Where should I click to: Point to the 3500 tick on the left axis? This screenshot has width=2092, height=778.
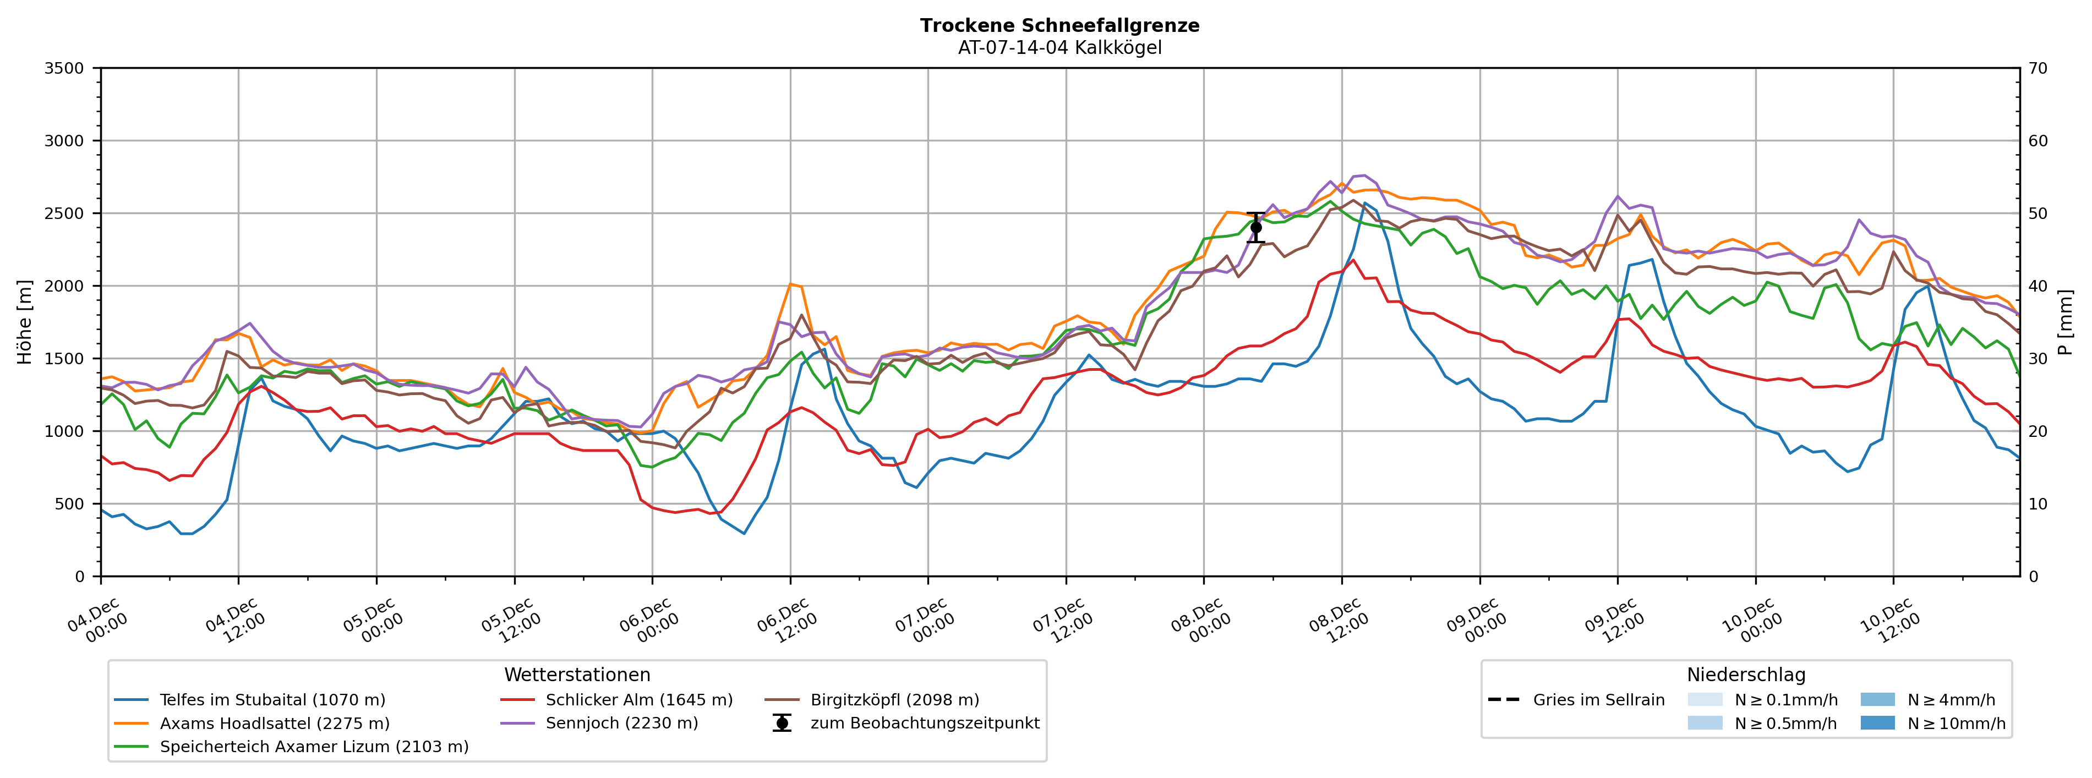pyautogui.click(x=64, y=68)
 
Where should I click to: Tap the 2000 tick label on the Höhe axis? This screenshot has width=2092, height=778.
pyautogui.click(x=64, y=286)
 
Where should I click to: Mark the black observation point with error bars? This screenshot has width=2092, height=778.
pyautogui.click(x=1255, y=227)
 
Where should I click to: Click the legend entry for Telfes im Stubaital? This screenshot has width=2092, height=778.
pyautogui.click(x=272, y=700)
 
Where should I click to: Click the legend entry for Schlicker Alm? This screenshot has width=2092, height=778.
pyautogui.click(x=638, y=700)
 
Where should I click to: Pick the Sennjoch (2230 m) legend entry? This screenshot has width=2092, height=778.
pyautogui.click(x=621, y=724)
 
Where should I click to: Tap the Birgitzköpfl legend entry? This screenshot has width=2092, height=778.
pyautogui.click(x=894, y=700)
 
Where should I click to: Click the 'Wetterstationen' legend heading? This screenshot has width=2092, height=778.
pyautogui.click(x=577, y=675)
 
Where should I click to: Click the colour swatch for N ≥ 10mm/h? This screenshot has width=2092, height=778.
pyautogui.click(x=1877, y=723)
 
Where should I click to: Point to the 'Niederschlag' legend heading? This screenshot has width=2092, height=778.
pyautogui.click(x=1745, y=675)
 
